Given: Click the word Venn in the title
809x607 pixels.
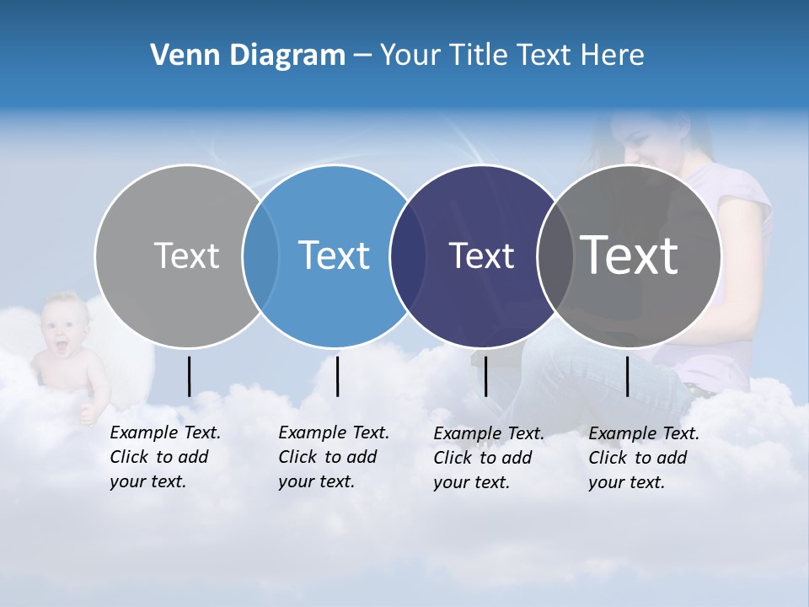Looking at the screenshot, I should (180, 56).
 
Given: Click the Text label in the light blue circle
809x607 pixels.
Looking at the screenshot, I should (334, 255).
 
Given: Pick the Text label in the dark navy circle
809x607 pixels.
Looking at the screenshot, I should (481, 255).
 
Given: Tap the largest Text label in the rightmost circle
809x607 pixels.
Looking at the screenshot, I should (630, 255).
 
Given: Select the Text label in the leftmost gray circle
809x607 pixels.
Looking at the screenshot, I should (186, 255).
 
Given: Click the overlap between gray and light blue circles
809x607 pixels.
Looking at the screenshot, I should (260, 255).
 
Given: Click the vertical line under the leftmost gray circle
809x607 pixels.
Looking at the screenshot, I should (189, 376).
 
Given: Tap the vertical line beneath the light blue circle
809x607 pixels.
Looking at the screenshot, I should (337, 376).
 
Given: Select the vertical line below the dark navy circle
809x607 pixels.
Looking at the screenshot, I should (485, 376).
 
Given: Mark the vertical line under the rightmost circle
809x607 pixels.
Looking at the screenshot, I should (627, 376).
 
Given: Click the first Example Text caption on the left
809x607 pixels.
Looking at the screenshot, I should (165, 457).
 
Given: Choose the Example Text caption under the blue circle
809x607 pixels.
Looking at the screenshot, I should (334, 457).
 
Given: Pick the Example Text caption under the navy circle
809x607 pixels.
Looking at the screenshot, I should (489, 458).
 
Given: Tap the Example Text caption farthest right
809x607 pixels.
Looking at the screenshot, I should (644, 458).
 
